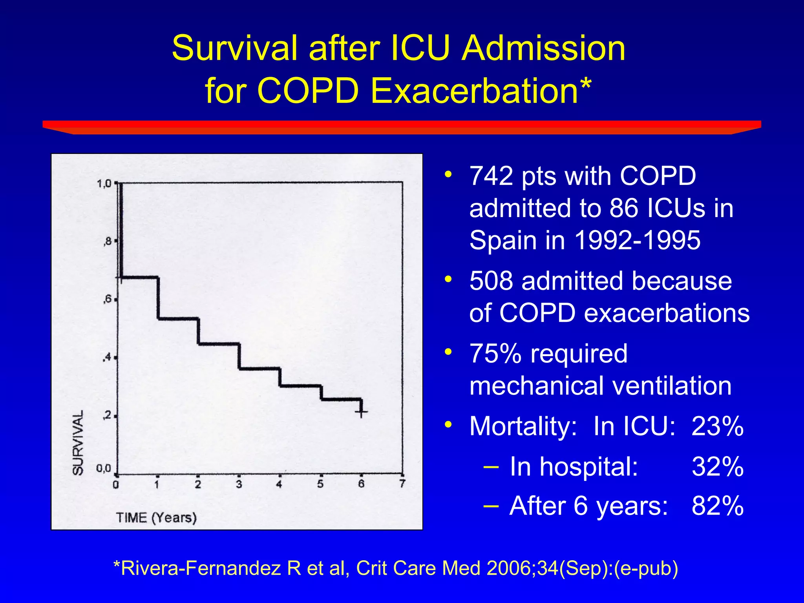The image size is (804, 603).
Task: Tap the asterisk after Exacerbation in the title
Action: click(585, 83)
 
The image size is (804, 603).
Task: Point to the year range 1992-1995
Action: click(637, 240)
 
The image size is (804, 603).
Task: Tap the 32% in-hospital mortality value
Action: click(717, 467)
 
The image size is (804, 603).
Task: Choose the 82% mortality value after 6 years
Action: click(717, 506)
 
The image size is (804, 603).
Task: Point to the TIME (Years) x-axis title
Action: click(156, 517)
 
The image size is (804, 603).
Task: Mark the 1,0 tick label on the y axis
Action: click(104, 183)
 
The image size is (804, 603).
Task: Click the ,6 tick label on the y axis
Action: click(107, 300)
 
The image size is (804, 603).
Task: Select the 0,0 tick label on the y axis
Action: click(104, 468)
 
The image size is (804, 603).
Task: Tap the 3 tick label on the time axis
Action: click(239, 484)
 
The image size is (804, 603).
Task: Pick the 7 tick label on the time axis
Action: click(402, 484)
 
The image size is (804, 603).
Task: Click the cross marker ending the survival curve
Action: click(361, 412)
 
